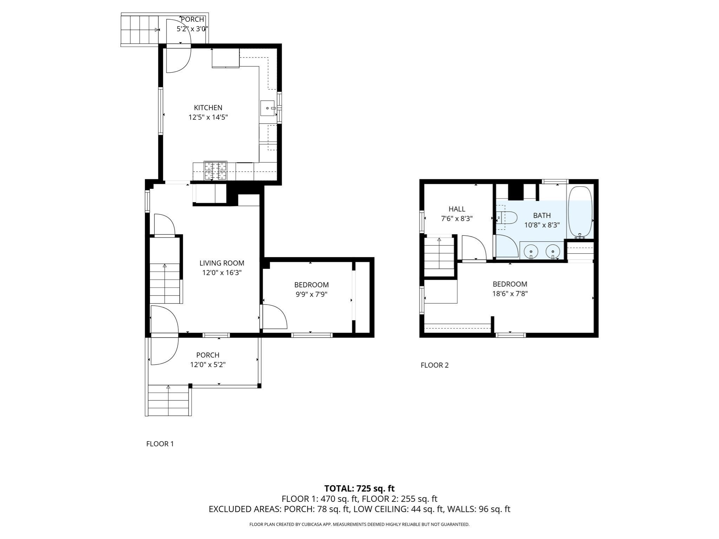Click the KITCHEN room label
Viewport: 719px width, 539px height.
208,108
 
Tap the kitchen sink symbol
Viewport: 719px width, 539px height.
268,108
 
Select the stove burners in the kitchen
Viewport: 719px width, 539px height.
216,171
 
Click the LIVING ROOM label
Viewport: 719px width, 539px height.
222,263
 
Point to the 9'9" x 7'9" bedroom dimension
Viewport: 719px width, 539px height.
311,294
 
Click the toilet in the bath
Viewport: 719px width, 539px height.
508,218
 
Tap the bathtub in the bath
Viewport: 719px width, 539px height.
580,212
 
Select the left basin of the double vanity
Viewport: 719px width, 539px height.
531,251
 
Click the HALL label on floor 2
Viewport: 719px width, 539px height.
457,209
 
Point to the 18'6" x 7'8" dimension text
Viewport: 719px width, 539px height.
510,294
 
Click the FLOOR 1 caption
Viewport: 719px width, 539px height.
160,444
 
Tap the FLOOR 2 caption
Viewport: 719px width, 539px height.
434,365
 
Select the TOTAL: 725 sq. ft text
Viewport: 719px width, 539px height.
359,488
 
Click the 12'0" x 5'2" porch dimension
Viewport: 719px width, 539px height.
207,365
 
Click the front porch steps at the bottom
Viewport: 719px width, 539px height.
169,400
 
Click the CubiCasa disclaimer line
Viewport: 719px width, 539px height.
359,525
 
